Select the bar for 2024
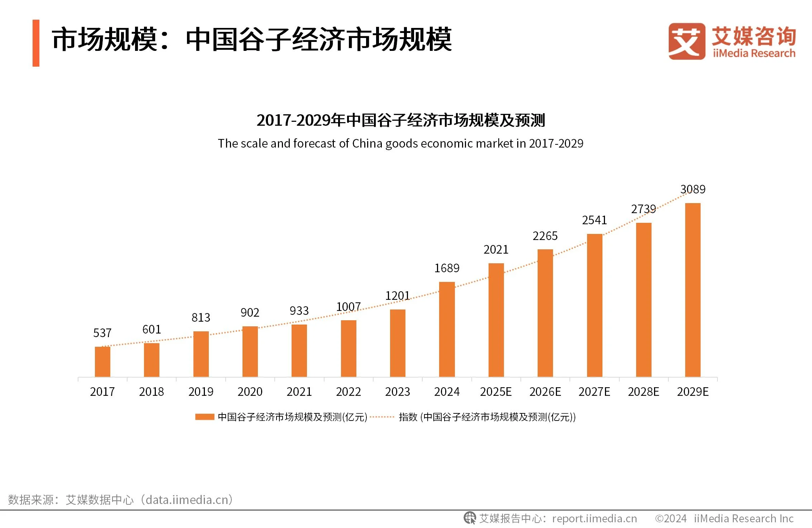point(447,330)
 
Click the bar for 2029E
point(693,290)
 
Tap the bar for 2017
point(102,362)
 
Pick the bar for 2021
point(299,351)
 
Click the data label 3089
point(693,189)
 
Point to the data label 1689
point(447,268)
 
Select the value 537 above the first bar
point(102,333)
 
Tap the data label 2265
point(545,236)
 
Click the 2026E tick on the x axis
point(545,392)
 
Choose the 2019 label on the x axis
point(201,392)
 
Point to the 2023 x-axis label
point(397,392)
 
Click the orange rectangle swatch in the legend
point(205,417)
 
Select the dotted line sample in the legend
point(382,417)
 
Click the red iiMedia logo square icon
point(686,41)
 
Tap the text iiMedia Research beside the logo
point(754,53)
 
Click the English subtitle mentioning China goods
point(400,143)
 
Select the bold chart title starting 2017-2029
point(400,120)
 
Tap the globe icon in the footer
point(470,518)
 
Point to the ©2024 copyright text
point(670,518)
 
